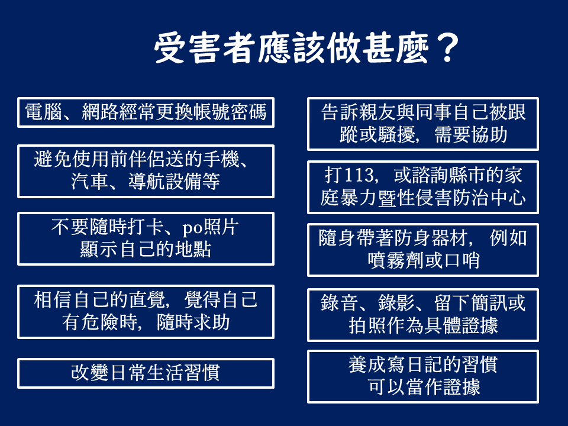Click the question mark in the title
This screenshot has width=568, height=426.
pos(448,48)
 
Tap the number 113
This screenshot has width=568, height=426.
pos(359,175)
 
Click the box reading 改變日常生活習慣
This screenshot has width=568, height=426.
pos(146,373)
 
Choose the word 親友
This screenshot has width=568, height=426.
pos(377,112)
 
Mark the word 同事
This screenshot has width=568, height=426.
pos(433,112)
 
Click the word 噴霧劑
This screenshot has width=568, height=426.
pos(395,260)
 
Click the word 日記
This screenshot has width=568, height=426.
pos(424,365)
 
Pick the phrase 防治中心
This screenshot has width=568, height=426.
pos(489,198)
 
